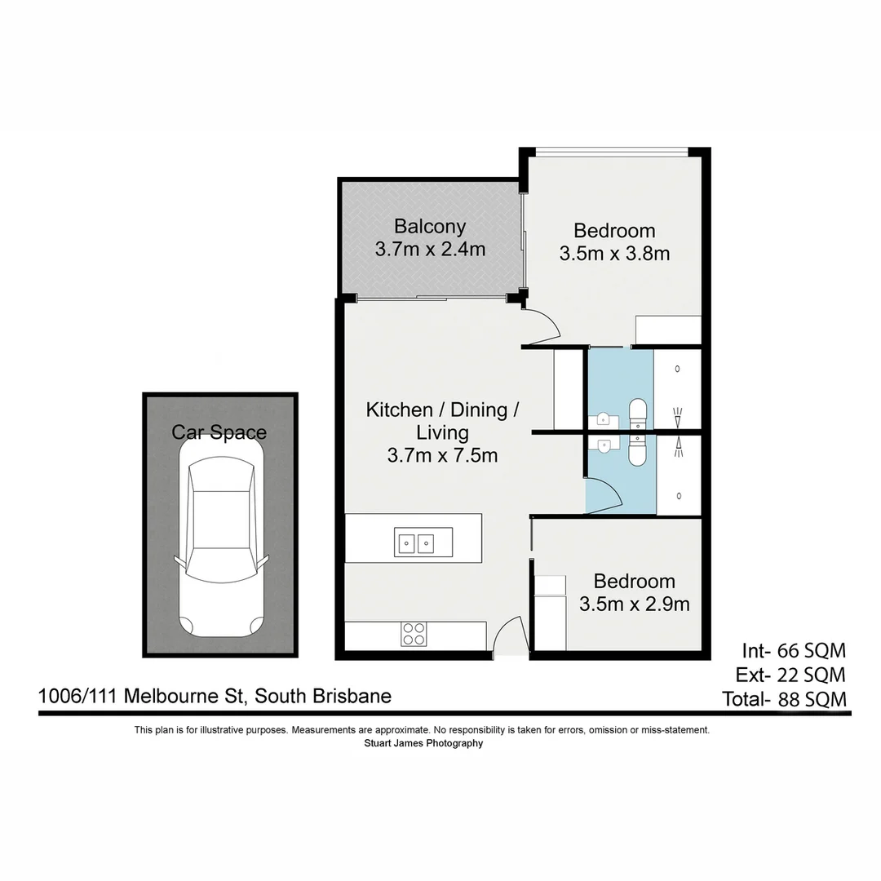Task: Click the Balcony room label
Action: click(430, 226)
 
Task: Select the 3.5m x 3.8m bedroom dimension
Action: click(614, 254)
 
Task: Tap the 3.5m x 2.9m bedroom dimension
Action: click(634, 604)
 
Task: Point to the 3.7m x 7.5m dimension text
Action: click(442, 455)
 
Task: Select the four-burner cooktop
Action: click(414, 634)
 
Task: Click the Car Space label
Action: click(219, 432)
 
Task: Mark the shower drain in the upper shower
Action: click(679, 370)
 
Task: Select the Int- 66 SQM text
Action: click(793, 651)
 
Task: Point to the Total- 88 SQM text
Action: click(784, 699)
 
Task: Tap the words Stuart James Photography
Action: click(423, 743)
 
